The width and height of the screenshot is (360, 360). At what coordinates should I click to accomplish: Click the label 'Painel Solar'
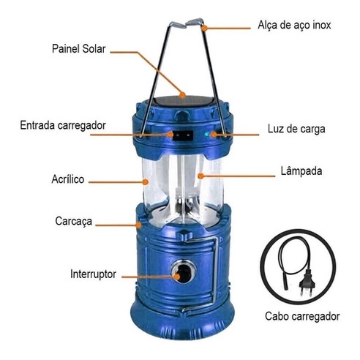click(x=78, y=49)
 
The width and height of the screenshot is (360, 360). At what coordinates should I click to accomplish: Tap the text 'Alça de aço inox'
click(x=294, y=26)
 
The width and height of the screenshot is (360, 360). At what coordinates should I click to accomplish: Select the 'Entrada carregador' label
click(x=63, y=125)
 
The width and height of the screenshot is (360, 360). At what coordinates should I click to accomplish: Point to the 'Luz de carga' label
click(x=296, y=129)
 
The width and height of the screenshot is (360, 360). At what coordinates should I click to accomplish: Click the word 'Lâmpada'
click(x=301, y=170)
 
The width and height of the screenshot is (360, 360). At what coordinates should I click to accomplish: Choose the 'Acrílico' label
click(x=68, y=179)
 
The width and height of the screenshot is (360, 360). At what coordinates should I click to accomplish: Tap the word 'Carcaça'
click(x=73, y=222)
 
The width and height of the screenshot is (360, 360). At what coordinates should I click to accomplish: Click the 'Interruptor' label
click(x=93, y=274)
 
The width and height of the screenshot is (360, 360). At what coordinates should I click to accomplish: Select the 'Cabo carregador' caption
click(x=302, y=316)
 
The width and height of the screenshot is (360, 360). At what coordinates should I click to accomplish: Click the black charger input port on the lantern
click(x=183, y=135)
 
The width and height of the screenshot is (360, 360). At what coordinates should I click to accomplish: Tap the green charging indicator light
click(x=206, y=135)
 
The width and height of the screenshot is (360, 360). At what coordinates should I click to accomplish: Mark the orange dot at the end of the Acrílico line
click(x=146, y=181)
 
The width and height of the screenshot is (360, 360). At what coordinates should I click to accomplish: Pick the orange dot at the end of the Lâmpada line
click(x=200, y=176)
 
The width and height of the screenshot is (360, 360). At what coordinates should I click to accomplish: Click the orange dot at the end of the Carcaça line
click(x=139, y=225)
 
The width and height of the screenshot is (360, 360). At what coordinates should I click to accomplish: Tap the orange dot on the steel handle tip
click(x=205, y=28)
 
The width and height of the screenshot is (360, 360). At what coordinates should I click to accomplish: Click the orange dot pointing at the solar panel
click(x=182, y=95)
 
